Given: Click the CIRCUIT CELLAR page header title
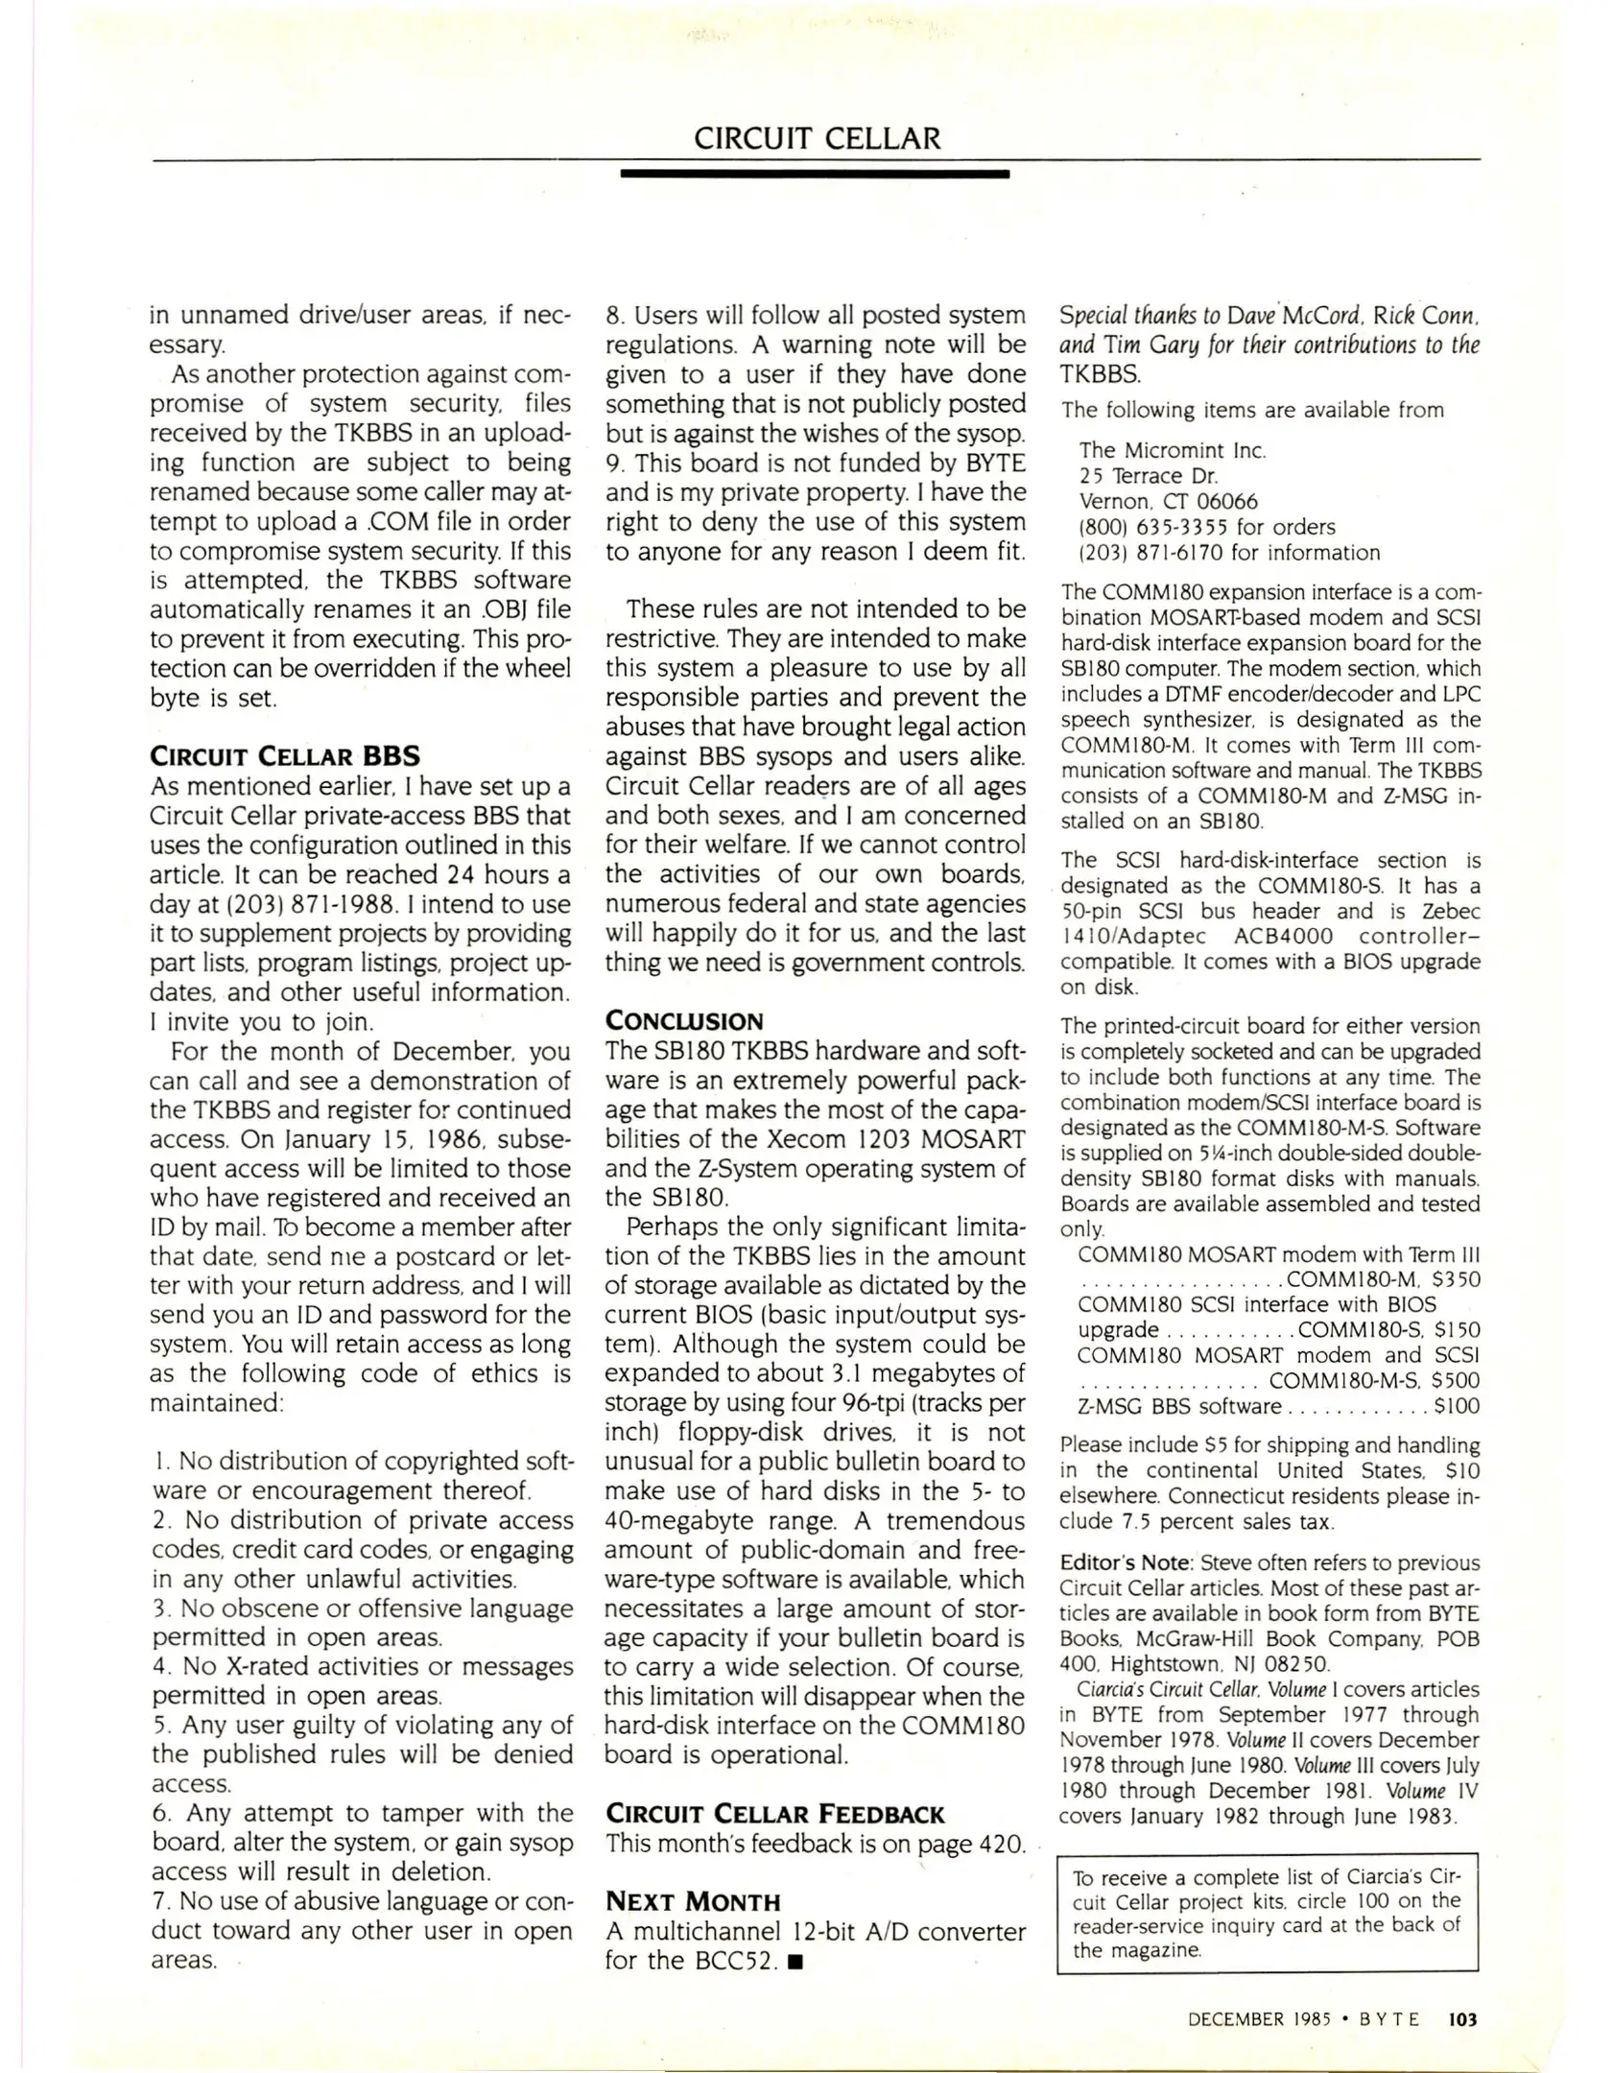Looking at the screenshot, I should pyautogui.click(x=817, y=138).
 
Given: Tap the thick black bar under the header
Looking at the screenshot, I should pyautogui.click(x=815, y=175).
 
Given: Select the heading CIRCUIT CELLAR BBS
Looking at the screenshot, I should pyautogui.click(x=285, y=755).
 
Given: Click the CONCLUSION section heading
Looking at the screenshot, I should pyautogui.click(x=684, y=1021).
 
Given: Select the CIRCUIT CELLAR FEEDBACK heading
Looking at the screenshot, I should pyautogui.click(x=775, y=1814).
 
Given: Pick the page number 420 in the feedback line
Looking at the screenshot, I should pyautogui.click(x=1001, y=1844).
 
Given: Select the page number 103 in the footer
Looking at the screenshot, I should pyautogui.click(x=1463, y=2019).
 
